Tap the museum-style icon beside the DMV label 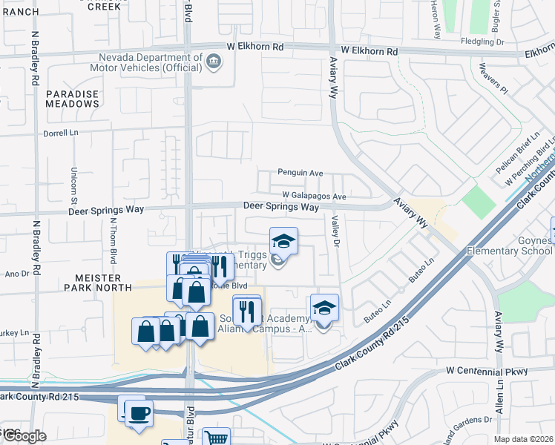214,61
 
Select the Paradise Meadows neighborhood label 72,99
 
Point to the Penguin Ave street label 301,173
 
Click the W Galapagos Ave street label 314,197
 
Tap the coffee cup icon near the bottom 138,413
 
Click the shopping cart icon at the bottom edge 216,438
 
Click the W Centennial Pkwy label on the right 487,370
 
